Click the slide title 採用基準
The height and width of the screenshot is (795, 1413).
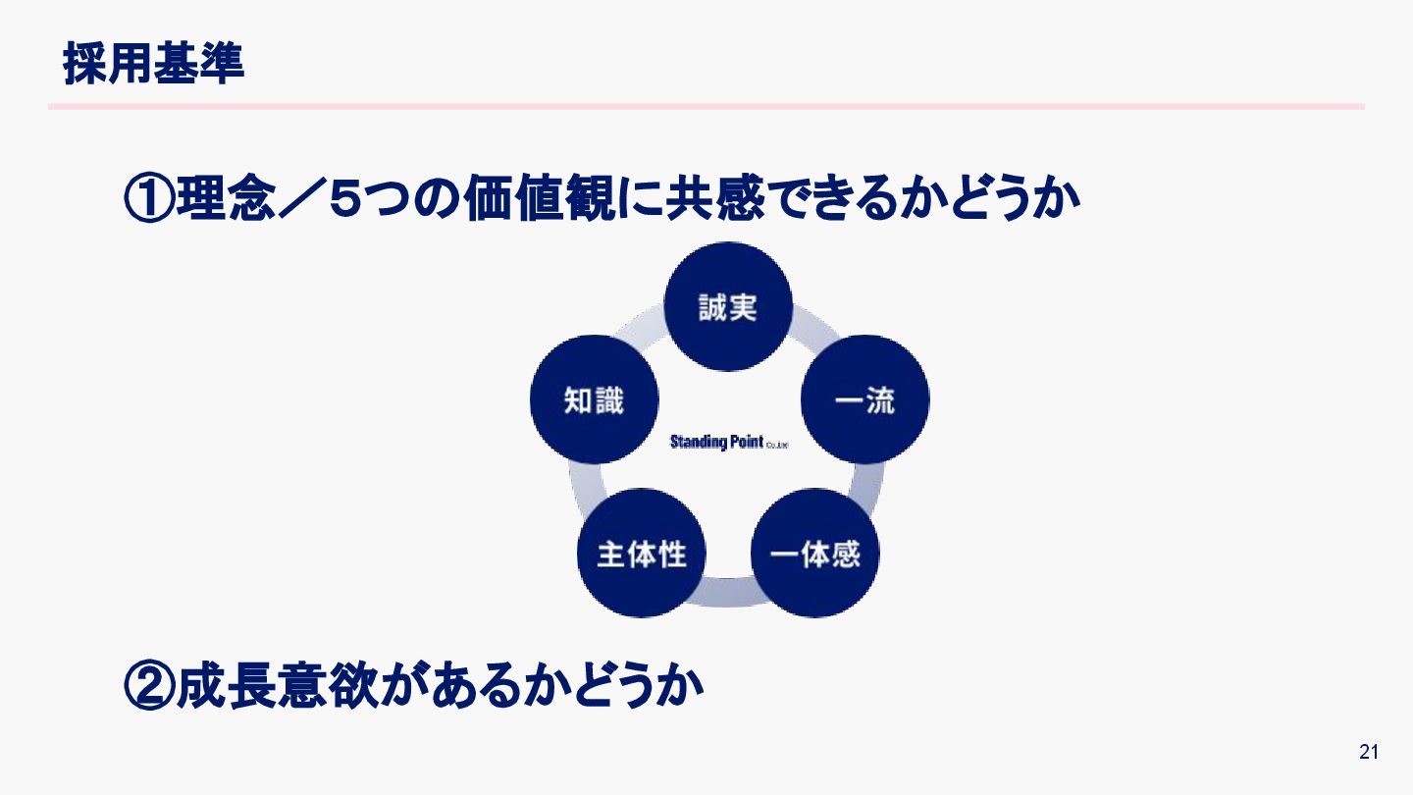[x=154, y=64]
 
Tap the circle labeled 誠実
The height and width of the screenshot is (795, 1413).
[x=728, y=306]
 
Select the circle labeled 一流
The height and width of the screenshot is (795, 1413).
[x=864, y=399]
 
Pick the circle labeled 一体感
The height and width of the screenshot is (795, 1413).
[x=814, y=554]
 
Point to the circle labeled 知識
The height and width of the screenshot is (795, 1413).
[x=594, y=399]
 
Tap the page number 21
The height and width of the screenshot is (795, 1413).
[x=1369, y=753]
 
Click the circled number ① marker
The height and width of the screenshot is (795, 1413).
[x=149, y=199]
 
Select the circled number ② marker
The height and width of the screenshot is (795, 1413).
[x=149, y=685]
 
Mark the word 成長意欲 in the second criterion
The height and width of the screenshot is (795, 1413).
[x=285, y=685]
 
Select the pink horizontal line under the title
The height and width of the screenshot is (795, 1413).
[x=706, y=106]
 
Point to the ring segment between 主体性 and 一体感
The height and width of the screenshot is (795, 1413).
[x=728, y=591]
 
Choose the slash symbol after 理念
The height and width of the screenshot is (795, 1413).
[x=293, y=199]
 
